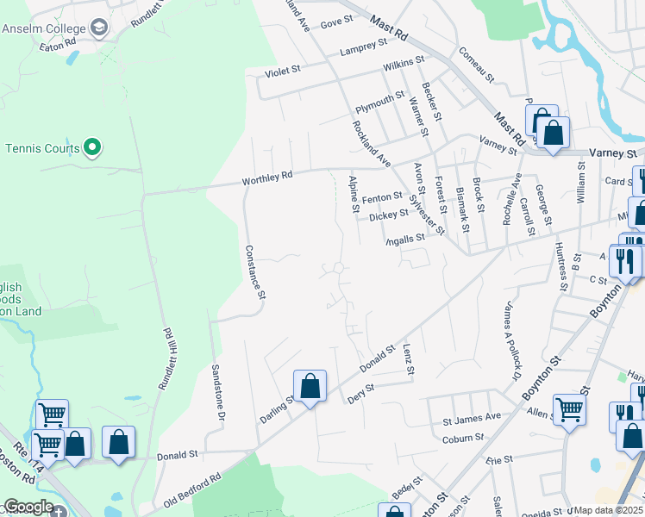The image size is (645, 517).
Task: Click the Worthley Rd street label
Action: tap(266, 175)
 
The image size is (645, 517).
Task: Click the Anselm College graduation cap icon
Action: tap(99, 28)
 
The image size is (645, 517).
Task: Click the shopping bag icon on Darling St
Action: tap(310, 386)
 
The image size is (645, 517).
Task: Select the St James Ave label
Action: tap(472, 418)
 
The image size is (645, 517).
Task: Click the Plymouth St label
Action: tap(379, 100)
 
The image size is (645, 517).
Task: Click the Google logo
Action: tap(28, 507)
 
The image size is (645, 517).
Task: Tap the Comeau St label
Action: tap(476, 65)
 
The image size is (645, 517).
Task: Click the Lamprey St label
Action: tap(362, 47)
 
